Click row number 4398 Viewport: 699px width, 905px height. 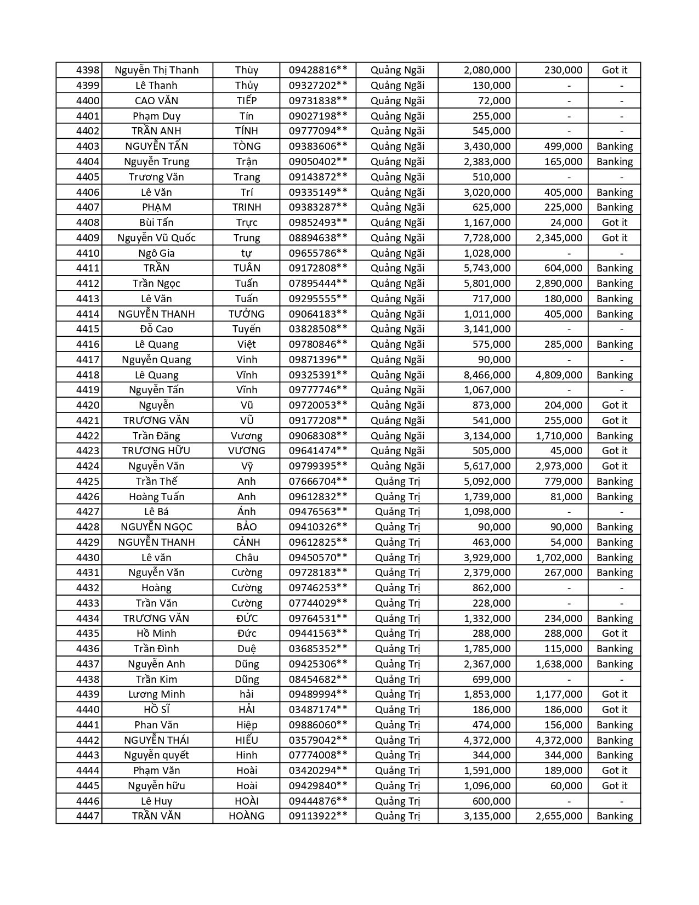click(x=88, y=70)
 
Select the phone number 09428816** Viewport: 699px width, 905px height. click(x=318, y=70)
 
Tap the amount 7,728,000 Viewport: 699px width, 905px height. click(x=487, y=238)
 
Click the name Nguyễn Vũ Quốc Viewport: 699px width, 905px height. click(x=156, y=238)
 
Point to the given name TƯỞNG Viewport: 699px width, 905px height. click(x=247, y=314)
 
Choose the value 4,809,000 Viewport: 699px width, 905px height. click(x=559, y=375)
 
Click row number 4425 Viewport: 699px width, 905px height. click(x=88, y=482)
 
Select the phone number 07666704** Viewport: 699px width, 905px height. click(x=318, y=482)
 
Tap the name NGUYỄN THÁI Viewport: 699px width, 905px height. click(x=156, y=740)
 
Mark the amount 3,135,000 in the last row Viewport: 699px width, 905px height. click(x=487, y=816)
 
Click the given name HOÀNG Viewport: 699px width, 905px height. click(x=247, y=816)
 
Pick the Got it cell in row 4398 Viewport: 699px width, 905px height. click(x=614, y=70)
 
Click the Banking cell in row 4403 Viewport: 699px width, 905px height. click(x=614, y=146)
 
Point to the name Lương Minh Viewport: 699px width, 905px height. click(x=156, y=694)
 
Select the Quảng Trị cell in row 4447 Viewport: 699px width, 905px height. click(x=397, y=816)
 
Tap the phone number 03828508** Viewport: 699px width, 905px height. click(x=318, y=329)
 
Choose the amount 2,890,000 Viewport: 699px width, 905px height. click(x=559, y=284)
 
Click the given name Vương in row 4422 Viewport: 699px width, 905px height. click(x=247, y=436)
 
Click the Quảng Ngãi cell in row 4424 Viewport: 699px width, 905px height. click(x=397, y=466)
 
